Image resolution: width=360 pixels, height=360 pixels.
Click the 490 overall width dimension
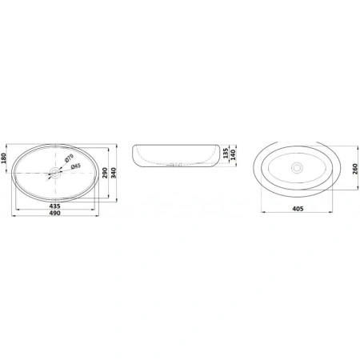pos(54,213)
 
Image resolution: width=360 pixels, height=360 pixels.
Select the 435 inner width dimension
pos(54,206)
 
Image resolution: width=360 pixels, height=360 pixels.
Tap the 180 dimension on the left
pos(3,158)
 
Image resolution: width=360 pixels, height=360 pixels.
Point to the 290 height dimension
pos(105,173)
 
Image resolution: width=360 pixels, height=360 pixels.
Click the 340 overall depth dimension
pos(114,173)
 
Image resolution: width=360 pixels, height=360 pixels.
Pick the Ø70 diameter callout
pos(69,158)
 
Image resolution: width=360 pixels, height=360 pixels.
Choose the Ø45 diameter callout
pos(76,166)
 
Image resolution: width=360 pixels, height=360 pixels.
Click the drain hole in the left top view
pos(55,173)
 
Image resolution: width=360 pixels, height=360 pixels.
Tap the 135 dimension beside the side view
pos(226,154)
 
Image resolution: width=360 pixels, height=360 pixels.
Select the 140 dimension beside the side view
pos(233,154)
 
